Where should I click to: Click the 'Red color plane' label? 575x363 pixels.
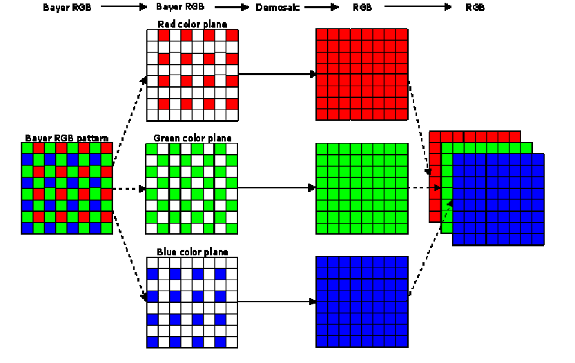(193, 24)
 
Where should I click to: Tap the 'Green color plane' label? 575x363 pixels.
(193, 138)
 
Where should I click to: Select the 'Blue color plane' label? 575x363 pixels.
(193, 252)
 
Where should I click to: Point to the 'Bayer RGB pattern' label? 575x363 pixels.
(67, 138)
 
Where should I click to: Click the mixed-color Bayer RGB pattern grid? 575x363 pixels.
(67, 188)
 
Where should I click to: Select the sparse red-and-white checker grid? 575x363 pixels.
(193, 75)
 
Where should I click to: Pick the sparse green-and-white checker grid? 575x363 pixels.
(193, 188)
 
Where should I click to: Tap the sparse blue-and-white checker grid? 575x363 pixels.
(193, 302)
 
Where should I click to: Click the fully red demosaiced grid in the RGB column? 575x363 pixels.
(362, 75)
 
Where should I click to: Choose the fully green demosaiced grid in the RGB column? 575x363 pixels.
(362, 188)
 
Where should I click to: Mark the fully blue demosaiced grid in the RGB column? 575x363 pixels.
(362, 302)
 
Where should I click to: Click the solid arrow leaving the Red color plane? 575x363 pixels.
(276, 73)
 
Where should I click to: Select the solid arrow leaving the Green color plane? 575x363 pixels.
(276, 188)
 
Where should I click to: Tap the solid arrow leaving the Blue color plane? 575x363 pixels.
(276, 302)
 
